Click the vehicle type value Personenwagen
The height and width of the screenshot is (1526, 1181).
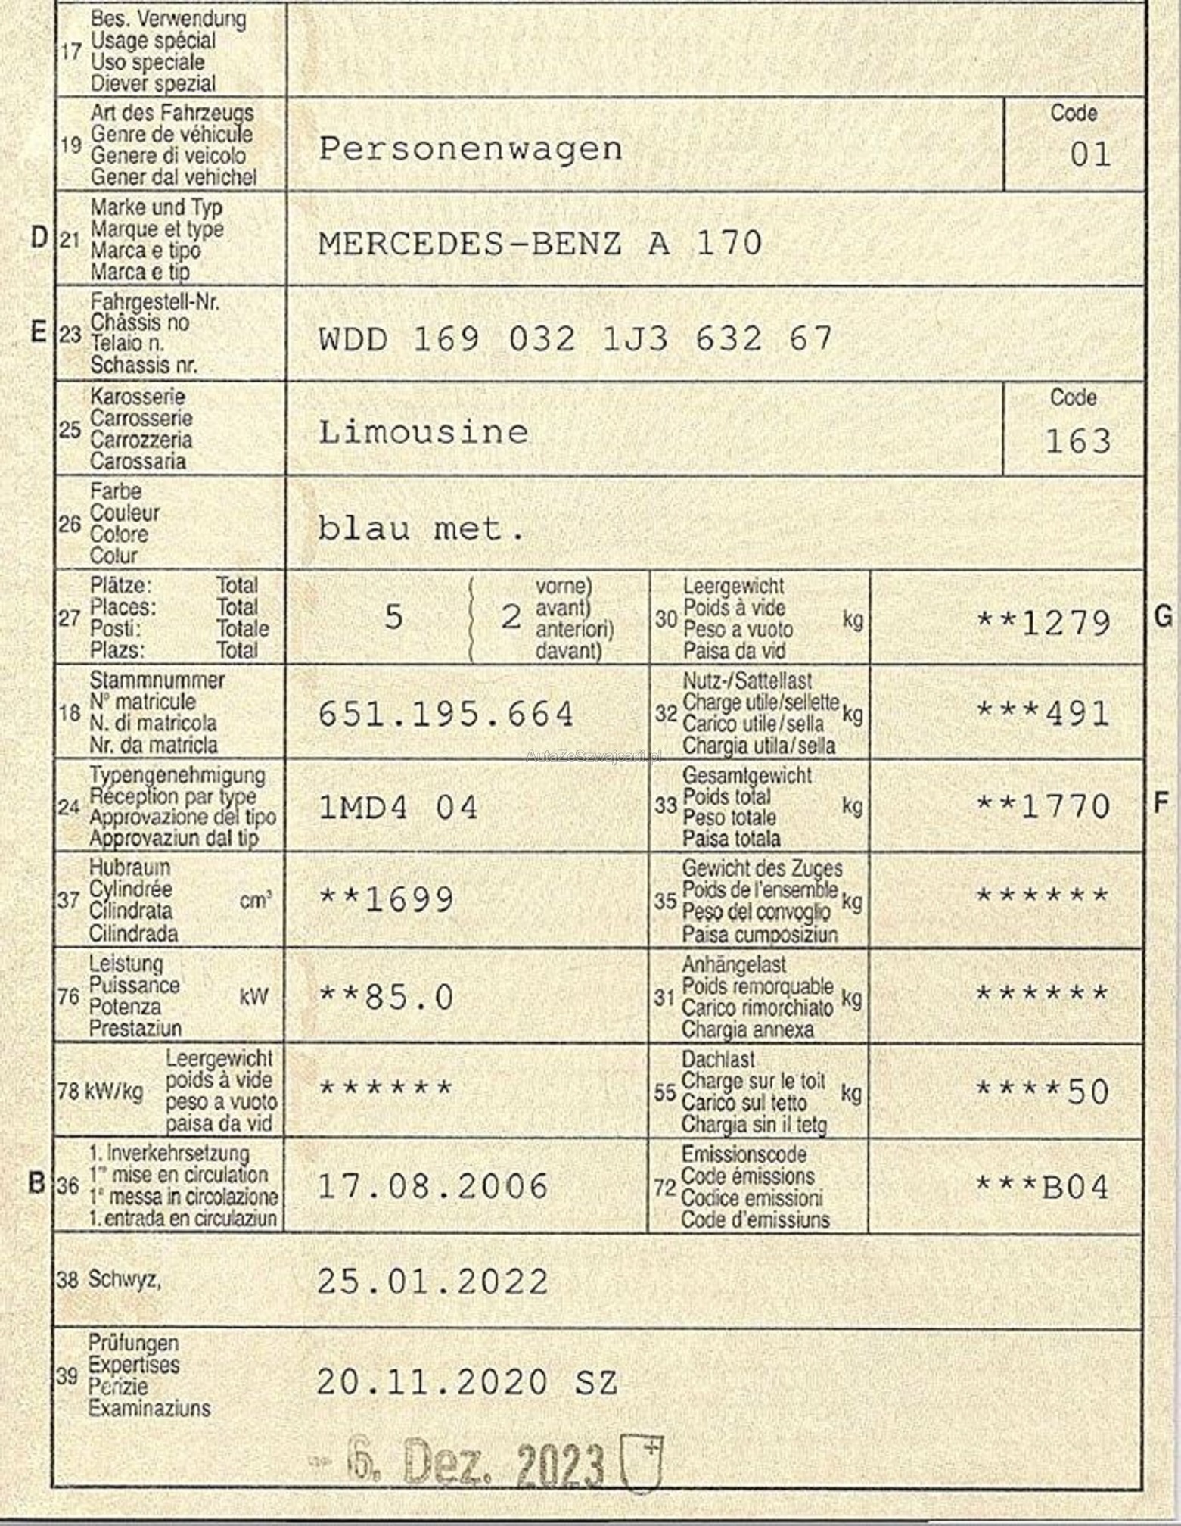tap(470, 149)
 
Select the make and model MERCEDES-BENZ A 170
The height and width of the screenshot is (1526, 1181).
tap(539, 244)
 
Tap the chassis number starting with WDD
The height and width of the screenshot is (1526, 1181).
tap(575, 338)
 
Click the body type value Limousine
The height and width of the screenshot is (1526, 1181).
tap(423, 432)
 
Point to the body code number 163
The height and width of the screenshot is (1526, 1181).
tap(1077, 441)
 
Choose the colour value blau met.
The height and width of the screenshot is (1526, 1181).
tap(421, 528)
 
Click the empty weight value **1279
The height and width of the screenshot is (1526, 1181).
tap(1043, 623)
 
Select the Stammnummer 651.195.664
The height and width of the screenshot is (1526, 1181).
tap(446, 714)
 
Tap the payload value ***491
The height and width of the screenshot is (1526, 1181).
tap(1043, 713)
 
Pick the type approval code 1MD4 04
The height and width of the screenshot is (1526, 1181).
tap(398, 808)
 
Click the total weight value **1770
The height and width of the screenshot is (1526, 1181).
tap(1043, 806)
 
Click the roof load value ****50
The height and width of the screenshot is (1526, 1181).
tap(1043, 1091)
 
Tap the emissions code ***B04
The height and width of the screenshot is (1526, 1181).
tap(1043, 1187)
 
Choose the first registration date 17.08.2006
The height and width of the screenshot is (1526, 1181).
tap(432, 1186)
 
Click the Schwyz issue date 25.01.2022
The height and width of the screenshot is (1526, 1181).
tap(432, 1282)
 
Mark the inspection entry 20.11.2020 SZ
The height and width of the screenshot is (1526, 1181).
tap(467, 1382)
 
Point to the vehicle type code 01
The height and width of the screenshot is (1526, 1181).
tap(1090, 155)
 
